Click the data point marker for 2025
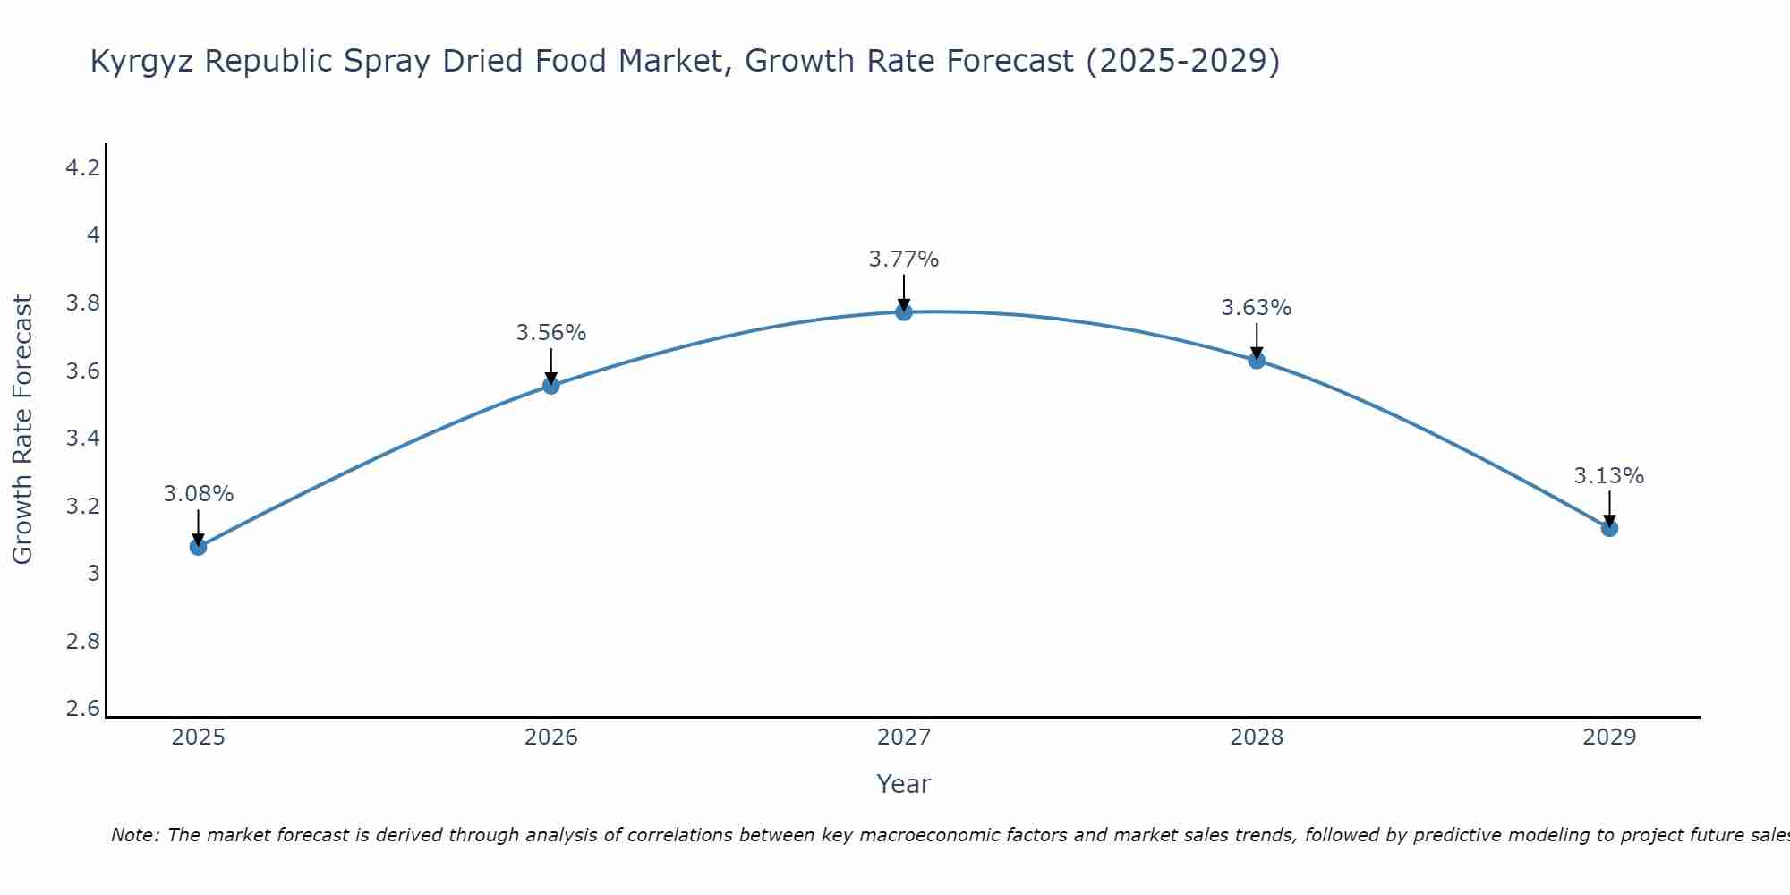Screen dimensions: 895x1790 tap(198, 547)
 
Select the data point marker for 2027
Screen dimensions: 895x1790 tap(904, 311)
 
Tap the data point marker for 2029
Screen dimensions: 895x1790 tap(1609, 528)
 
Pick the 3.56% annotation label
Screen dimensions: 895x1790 tap(550, 333)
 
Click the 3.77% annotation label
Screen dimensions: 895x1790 tap(904, 260)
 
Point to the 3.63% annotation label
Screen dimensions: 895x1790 tap(1257, 308)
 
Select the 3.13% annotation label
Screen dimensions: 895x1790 tap(1609, 476)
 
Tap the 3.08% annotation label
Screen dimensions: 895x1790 tap(198, 494)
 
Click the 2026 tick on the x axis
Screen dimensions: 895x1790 tap(550, 737)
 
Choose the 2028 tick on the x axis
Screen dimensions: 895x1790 tap(1257, 737)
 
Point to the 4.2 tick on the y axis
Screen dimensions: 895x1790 tap(82, 168)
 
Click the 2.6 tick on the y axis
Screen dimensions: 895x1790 tap(82, 709)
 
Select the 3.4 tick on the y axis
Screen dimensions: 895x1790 tap(82, 439)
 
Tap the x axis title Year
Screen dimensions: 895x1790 tap(904, 784)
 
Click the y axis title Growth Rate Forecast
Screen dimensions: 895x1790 tap(22, 430)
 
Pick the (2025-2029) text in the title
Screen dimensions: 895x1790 tap(1182, 61)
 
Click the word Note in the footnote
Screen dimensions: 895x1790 tap(134, 835)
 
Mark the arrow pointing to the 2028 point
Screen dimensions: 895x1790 tap(1257, 340)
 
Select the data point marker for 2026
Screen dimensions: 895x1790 tap(550, 386)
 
